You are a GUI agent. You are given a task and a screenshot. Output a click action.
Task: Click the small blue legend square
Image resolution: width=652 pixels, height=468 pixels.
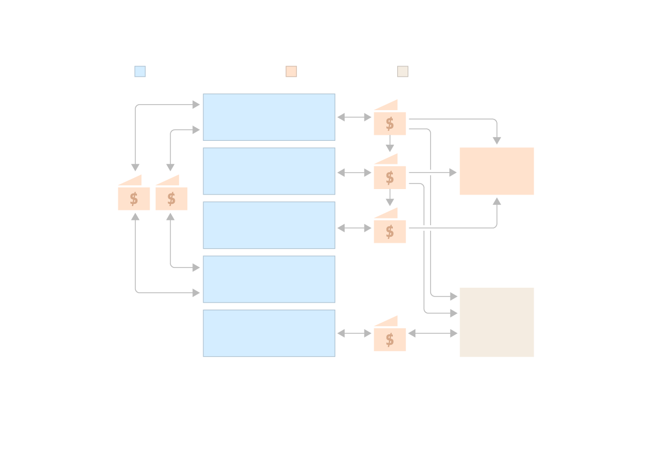(x=140, y=71)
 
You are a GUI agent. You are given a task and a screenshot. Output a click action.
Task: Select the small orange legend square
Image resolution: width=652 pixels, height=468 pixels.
(x=291, y=71)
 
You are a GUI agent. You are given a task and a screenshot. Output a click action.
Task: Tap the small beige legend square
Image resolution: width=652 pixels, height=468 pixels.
(x=403, y=71)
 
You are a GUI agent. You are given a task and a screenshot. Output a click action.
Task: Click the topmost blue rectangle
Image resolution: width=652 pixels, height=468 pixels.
(x=269, y=117)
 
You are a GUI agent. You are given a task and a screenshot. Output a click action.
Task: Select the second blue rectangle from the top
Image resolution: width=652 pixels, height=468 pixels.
(x=269, y=171)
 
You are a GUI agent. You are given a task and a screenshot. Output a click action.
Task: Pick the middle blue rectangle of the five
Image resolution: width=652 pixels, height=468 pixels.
(x=269, y=225)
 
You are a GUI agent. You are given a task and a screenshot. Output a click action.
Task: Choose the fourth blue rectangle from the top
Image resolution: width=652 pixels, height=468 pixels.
(x=269, y=279)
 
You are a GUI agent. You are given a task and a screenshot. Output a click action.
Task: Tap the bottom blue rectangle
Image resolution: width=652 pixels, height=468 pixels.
(x=269, y=333)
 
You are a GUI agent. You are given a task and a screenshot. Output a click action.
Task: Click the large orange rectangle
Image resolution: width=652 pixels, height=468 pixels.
(x=496, y=171)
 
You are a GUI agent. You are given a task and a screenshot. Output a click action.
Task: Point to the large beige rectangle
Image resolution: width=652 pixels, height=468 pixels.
(x=496, y=322)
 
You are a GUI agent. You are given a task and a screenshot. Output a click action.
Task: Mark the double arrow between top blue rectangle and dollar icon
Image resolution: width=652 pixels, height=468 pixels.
(x=354, y=117)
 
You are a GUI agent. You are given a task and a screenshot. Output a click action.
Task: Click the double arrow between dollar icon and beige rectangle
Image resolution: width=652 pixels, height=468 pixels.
(x=432, y=333)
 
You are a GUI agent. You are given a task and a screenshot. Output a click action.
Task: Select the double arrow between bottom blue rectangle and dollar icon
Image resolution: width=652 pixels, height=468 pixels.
(x=354, y=333)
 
